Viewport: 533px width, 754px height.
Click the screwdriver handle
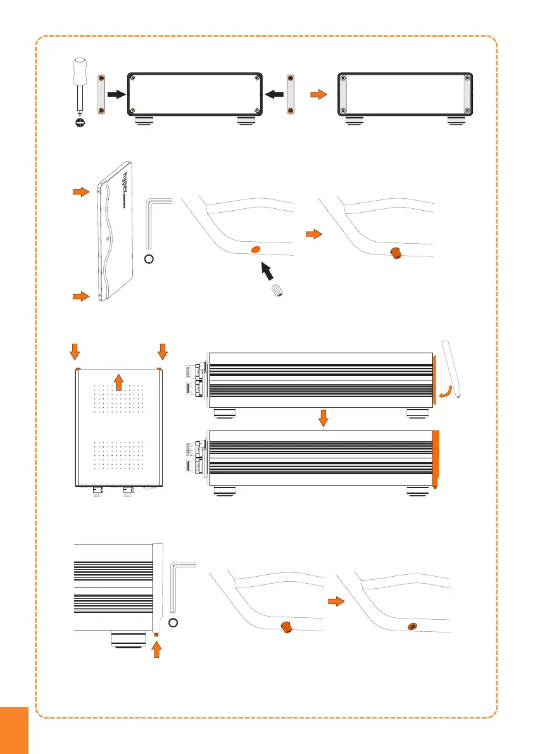tap(80, 69)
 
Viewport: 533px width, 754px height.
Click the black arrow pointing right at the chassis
tap(116, 94)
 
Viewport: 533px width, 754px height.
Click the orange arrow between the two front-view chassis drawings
tap(318, 94)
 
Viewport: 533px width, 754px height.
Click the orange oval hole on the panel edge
tap(256, 250)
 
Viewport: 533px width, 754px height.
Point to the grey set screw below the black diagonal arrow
tap(276, 292)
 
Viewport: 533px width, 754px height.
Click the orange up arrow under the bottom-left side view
tap(158, 649)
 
